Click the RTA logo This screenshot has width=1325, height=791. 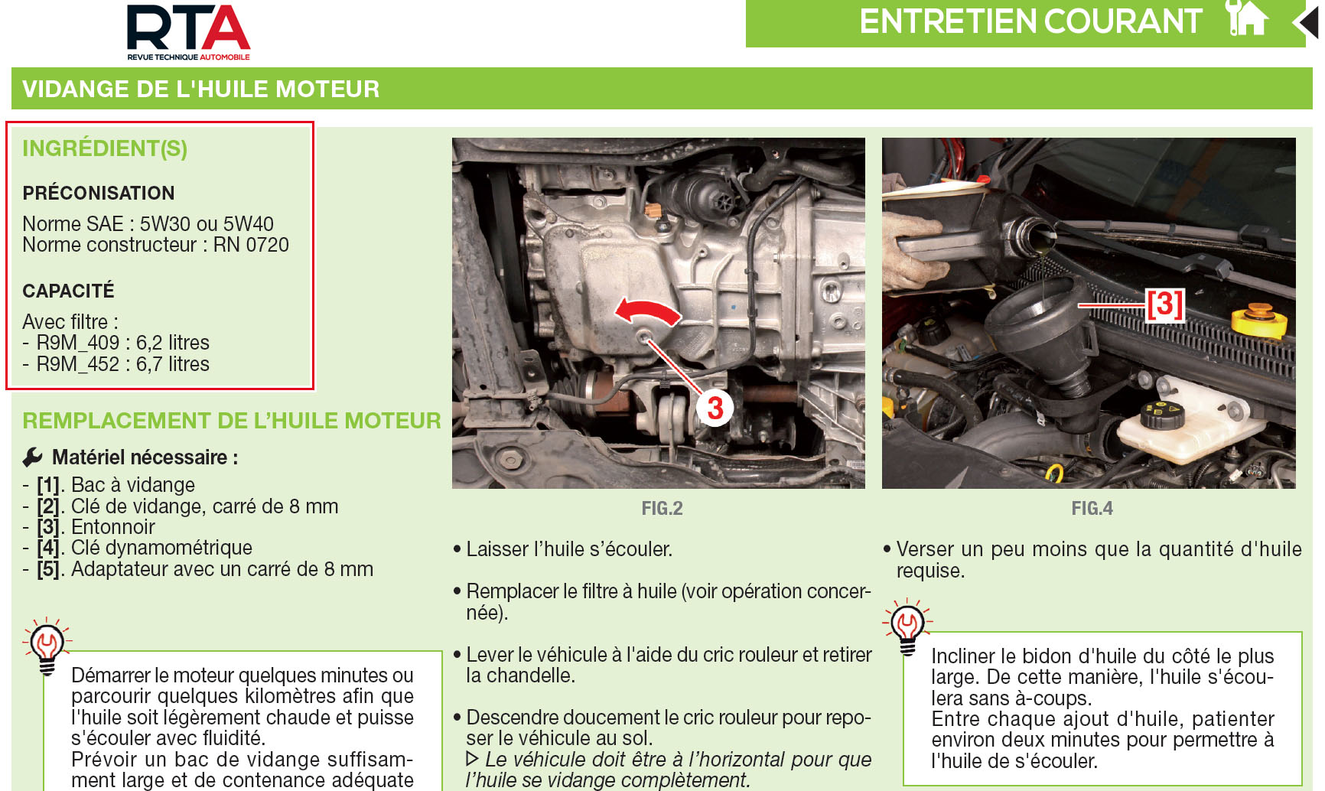pyautogui.click(x=188, y=31)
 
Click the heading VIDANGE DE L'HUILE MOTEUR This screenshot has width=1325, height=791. pyautogui.click(x=201, y=89)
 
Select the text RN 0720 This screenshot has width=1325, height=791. pyautogui.click(x=251, y=245)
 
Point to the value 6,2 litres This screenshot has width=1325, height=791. pyautogui.click(x=173, y=343)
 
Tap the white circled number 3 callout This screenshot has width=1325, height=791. pyautogui.click(x=715, y=408)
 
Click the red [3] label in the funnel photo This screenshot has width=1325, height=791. pyautogui.click(x=1164, y=304)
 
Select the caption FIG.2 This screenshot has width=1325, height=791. pyautogui.click(x=662, y=509)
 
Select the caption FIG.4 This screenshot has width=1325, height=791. pyautogui.click(x=1092, y=509)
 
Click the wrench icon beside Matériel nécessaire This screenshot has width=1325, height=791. pyautogui.click(x=33, y=457)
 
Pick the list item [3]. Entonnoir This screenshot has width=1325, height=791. pyautogui.click(x=96, y=527)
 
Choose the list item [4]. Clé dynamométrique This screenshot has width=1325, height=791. pyautogui.click(x=145, y=548)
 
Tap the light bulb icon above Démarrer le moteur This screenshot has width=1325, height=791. pyautogui.click(x=47, y=645)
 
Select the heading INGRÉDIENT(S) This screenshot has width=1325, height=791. pyautogui.click(x=105, y=148)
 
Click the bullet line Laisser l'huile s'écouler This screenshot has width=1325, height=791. pyautogui.click(x=569, y=549)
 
